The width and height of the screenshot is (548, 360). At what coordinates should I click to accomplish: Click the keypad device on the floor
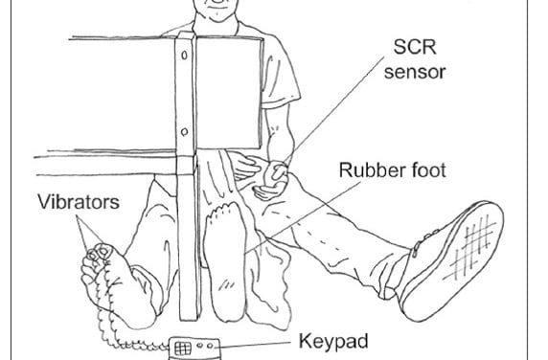click(196, 347)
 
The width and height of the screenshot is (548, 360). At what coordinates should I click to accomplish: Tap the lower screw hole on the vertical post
click(184, 128)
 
